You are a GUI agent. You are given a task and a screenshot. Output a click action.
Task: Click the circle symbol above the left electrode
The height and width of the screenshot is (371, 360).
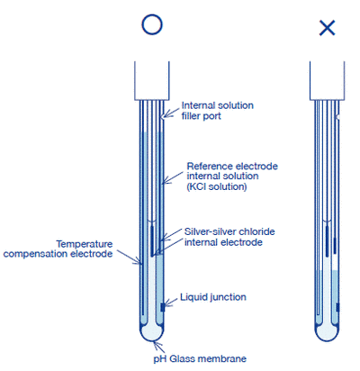(x=151, y=25)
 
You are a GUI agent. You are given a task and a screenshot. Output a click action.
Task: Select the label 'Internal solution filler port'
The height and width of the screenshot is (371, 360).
(x=217, y=110)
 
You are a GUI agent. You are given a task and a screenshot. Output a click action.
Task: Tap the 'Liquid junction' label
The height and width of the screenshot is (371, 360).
(x=213, y=296)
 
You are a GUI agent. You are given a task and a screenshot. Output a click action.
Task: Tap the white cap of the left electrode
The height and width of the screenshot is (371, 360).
(x=151, y=80)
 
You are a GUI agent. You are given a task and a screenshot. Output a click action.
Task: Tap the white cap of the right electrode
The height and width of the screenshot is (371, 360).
(x=328, y=80)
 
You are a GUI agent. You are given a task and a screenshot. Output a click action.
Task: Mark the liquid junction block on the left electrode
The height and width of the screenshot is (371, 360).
(x=163, y=307)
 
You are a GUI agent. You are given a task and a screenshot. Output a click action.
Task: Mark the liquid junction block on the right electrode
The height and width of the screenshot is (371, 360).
(x=339, y=307)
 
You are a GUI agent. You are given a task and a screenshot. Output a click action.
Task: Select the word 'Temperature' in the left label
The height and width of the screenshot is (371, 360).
(x=85, y=243)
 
